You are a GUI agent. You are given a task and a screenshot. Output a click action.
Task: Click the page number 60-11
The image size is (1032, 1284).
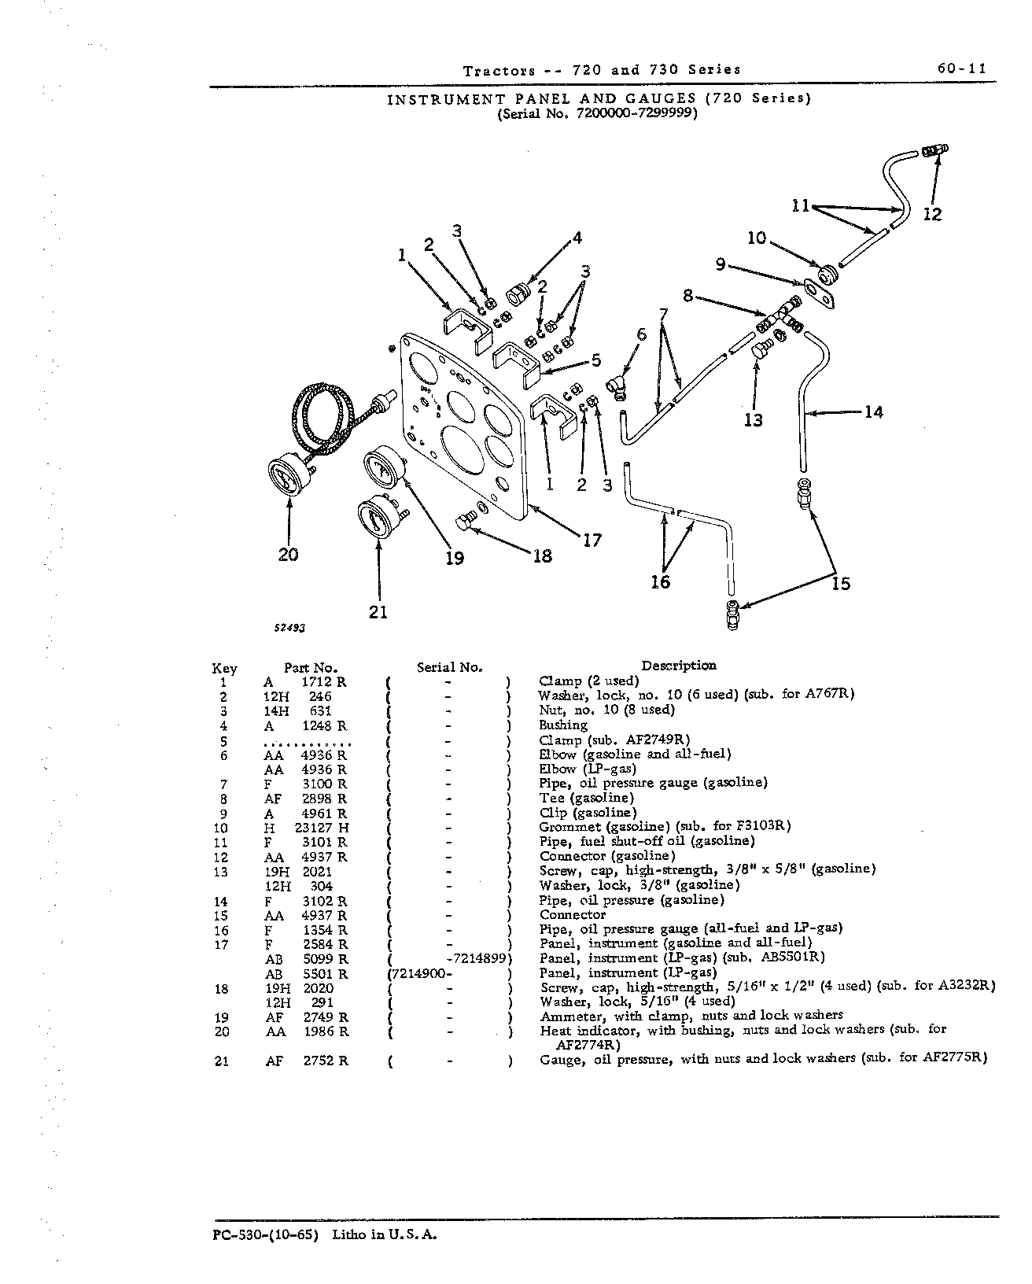tap(962, 68)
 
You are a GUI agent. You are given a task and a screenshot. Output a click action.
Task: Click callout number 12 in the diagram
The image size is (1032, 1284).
tap(932, 215)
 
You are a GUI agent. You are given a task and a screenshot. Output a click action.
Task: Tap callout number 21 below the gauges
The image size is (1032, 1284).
tap(378, 612)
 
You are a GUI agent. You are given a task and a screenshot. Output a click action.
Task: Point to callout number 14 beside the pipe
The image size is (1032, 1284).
tap(874, 411)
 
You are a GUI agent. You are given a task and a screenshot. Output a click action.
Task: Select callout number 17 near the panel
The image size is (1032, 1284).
tap(592, 541)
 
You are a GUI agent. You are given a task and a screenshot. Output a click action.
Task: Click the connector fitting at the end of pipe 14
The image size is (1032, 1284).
tap(804, 493)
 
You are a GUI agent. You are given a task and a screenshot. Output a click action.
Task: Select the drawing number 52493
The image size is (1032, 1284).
tap(290, 628)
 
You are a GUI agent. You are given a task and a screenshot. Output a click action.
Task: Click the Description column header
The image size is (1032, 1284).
tap(678, 666)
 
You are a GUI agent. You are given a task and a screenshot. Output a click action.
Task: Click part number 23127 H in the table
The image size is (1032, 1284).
tap(322, 828)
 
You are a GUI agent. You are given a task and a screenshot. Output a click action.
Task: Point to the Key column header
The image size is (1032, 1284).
tap(224, 668)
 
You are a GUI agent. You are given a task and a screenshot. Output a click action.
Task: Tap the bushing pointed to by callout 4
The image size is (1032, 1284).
tap(517, 294)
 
